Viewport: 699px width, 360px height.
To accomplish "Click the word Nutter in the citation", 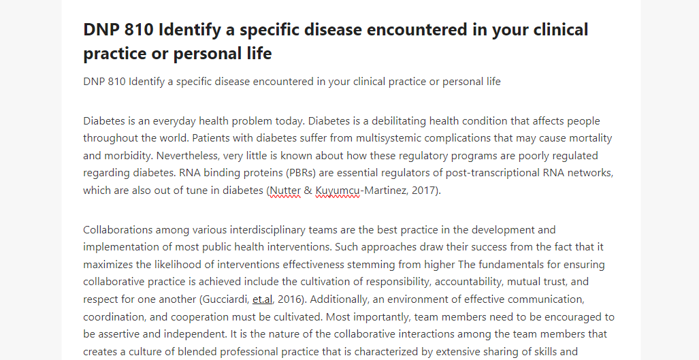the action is tap(285, 191).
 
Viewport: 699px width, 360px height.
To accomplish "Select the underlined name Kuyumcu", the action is tap(338, 191).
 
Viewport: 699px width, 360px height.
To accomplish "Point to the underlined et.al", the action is tap(262, 299).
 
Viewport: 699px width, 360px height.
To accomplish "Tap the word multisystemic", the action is tap(384, 138).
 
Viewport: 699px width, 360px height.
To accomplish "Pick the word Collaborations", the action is tap(118, 230).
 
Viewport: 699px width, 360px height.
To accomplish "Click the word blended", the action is tap(195, 351).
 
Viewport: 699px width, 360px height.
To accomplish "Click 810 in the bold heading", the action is tap(139, 29).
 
